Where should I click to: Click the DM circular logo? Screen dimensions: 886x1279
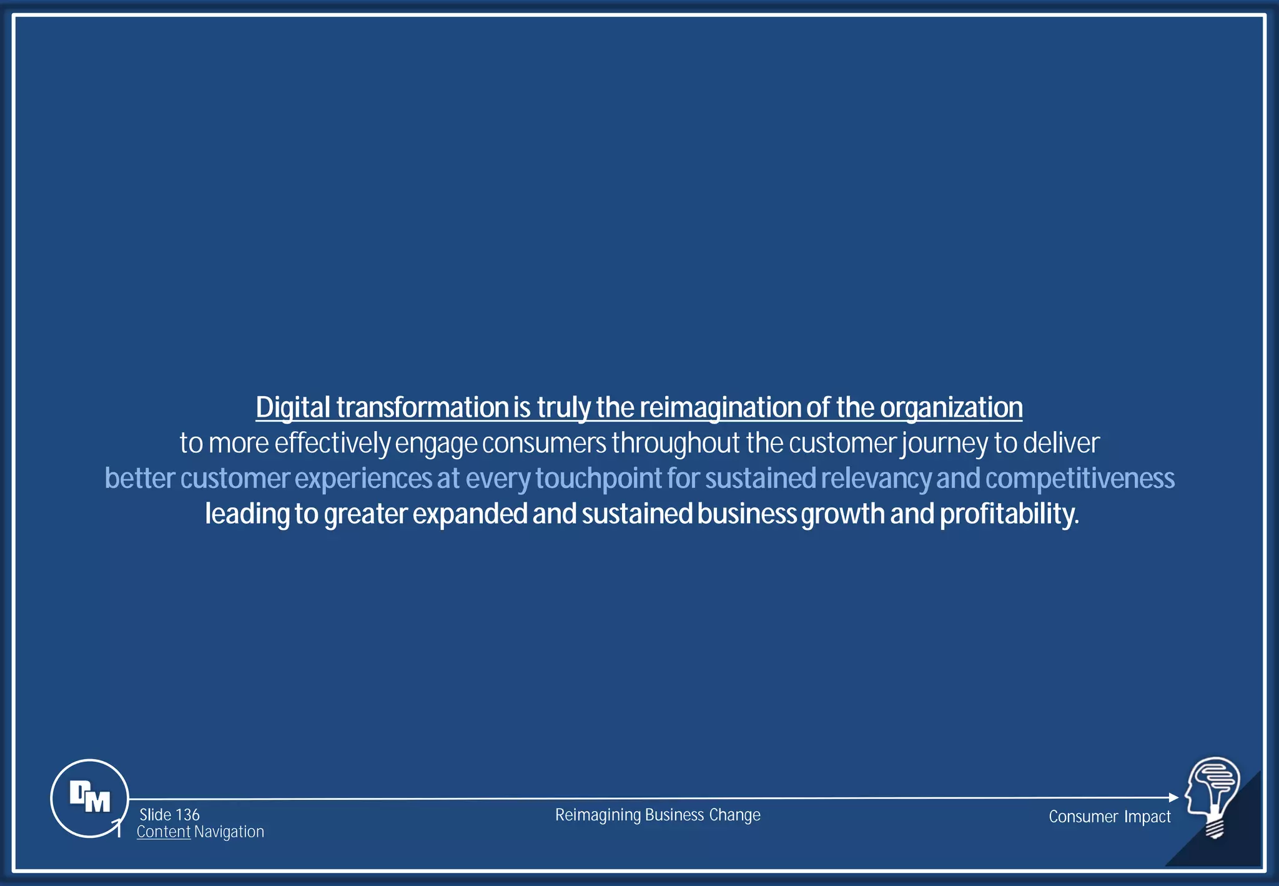(90, 798)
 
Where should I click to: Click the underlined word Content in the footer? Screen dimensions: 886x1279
(164, 832)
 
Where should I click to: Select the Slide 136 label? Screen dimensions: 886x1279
(169, 815)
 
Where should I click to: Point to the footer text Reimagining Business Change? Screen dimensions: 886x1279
(658, 815)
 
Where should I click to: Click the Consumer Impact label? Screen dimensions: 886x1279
(1109, 817)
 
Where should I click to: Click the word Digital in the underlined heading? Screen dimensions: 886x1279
(293, 408)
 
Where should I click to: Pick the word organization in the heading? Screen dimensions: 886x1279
(951, 408)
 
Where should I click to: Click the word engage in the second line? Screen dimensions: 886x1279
(436, 444)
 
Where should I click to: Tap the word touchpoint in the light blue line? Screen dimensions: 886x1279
(598, 479)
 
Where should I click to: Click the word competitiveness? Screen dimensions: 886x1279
(1080, 479)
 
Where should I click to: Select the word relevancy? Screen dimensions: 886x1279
(876, 479)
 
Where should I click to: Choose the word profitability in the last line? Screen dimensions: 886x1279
(1009, 514)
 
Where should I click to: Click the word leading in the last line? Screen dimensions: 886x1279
(247, 514)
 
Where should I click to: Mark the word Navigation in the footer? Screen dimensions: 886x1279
(229, 832)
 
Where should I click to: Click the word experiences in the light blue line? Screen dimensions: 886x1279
(363, 479)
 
